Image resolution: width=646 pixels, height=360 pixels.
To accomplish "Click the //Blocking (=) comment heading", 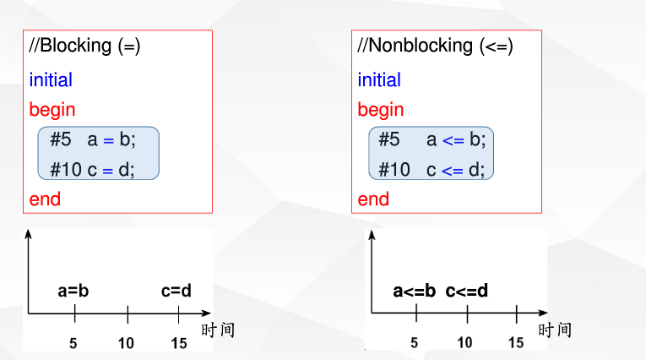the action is [84, 46].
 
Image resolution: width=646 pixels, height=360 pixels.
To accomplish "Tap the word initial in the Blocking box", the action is [51, 80].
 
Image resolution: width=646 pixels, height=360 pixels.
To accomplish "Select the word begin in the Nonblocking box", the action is [381, 110].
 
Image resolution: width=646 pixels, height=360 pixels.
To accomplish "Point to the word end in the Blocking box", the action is [45, 199].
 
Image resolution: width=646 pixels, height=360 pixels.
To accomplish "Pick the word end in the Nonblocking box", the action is [373, 199].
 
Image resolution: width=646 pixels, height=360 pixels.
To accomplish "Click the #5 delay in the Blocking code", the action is [61, 139].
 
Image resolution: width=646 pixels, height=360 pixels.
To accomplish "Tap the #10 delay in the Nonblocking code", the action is [394, 169].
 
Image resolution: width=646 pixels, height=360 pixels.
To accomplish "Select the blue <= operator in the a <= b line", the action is [453, 139].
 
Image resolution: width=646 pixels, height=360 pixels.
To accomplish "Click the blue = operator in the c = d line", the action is [108, 169].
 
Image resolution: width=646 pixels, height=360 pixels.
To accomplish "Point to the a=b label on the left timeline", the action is [73, 292].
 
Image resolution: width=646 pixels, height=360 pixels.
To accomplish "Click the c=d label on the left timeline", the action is [176, 292].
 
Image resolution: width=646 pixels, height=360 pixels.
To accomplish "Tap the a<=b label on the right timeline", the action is [415, 292].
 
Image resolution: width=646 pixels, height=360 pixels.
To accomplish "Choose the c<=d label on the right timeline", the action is [467, 292].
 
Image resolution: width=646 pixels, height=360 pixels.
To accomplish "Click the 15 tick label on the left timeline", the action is [178, 343].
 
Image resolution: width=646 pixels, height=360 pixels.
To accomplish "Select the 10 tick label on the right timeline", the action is [465, 342].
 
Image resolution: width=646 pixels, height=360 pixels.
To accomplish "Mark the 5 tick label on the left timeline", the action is [73, 343].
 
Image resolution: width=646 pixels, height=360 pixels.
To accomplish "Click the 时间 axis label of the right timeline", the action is [554, 330].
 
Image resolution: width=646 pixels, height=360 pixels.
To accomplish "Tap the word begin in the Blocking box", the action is [52, 110].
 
